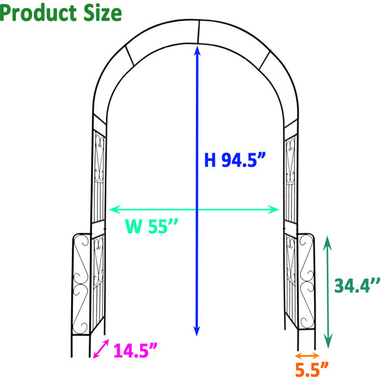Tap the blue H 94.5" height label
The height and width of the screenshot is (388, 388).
coord(235,160)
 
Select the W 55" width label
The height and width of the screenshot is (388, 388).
coord(151,226)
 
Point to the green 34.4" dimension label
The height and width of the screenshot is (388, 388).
coord(357,286)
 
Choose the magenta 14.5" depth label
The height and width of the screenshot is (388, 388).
coord(135,350)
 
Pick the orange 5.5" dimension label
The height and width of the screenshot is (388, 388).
coord(312,369)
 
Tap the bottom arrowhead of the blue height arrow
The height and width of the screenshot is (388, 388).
coord(197,330)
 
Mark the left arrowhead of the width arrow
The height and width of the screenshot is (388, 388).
coord(115,210)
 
